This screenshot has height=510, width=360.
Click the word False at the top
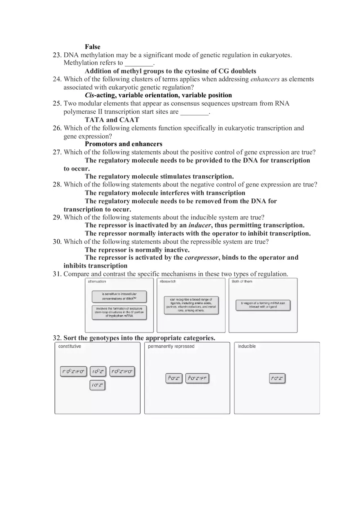pos(92,47)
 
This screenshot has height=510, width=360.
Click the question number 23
pos(57,55)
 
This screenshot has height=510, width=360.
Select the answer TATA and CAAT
pos(112,120)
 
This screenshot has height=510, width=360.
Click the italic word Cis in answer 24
pos(90,95)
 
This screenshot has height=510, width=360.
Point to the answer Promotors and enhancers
pos(124,144)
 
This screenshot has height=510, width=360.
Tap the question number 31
pos(57,274)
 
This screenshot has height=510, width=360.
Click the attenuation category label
pos(97,281)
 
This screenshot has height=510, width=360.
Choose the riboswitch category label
pos(168,281)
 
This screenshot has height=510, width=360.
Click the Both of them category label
pos(242,281)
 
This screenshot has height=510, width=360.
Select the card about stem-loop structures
pos(119,312)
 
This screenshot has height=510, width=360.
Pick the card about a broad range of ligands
pos(191,305)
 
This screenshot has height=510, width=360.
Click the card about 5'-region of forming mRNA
pos(263,305)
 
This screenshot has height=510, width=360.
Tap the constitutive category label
pos(70,346)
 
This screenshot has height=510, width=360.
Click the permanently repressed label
pos(171,346)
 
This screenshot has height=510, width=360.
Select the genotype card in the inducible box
pos(277,378)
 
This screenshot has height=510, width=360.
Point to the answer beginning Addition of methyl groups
pos(170,71)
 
